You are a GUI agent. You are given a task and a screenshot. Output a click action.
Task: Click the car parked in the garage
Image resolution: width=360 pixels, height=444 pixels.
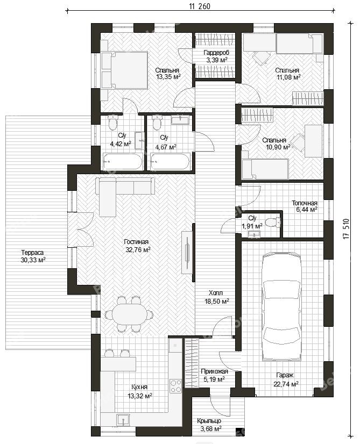pyautogui.click(x=282, y=307)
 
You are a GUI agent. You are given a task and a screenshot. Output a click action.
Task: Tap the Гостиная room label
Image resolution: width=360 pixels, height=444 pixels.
pyautogui.click(x=136, y=242)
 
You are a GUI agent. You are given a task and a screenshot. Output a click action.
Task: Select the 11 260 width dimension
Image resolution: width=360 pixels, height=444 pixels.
pyautogui.click(x=200, y=6)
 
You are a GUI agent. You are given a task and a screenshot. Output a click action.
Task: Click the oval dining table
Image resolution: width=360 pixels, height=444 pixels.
pyautogui.click(x=130, y=313)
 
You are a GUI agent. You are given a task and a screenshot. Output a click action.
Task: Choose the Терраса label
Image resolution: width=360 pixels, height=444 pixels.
pyautogui.click(x=32, y=252)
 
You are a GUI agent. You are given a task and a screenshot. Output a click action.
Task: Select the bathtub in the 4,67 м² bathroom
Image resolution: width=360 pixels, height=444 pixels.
pyautogui.click(x=170, y=162)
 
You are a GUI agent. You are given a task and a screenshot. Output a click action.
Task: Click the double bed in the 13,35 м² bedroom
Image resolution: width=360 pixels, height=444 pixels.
pyautogui.click(x=124, y=70)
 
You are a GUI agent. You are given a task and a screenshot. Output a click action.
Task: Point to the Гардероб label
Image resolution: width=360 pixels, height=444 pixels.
pyautogui.click(x=216, y=53)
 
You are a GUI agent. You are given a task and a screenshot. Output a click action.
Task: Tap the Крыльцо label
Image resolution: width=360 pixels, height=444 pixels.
pyautogui.click(x=209, y=421)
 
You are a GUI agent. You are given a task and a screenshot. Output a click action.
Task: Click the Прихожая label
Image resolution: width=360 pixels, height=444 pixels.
pyautogui.click(x=214, y=371)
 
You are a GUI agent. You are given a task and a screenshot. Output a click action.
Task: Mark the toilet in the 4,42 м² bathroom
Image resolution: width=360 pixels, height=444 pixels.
pyautogui.click(x=112, y=123)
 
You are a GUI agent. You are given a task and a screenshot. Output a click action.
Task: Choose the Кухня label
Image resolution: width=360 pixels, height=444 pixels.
pyautogui.click(x=139, y=387)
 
